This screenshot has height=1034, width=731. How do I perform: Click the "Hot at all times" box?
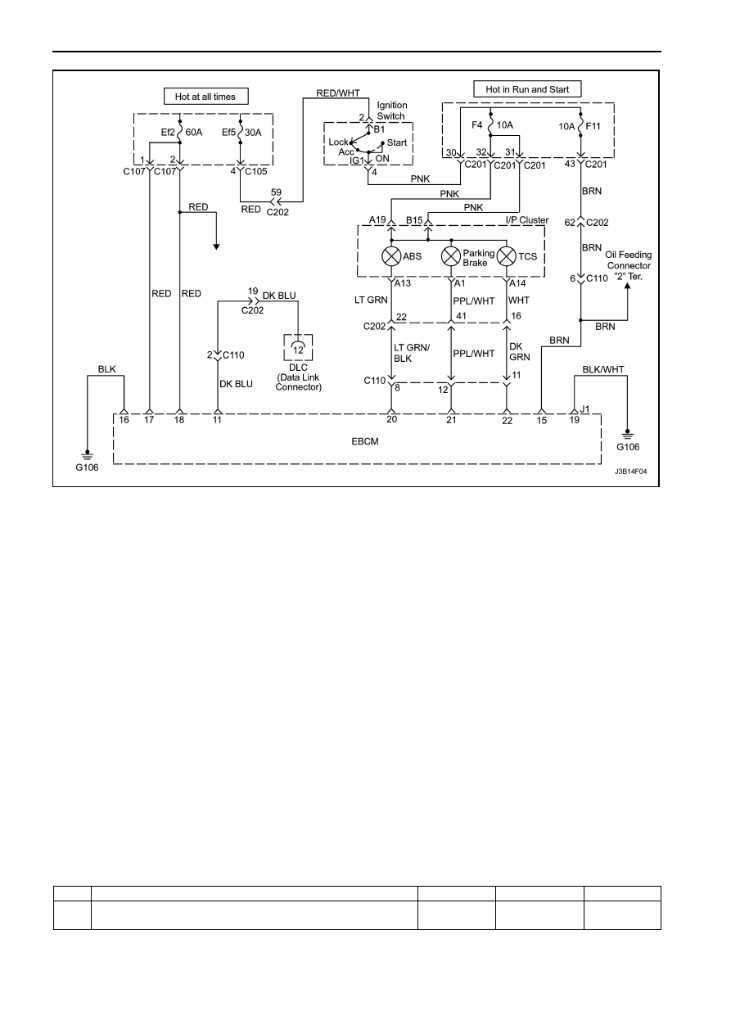(x=205, y=97)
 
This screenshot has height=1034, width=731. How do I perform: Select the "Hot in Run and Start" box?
(x=527, y=89)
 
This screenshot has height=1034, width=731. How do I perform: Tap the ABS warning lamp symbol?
(x=391, y=256)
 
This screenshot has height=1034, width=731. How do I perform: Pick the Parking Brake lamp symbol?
(x=451, y=256)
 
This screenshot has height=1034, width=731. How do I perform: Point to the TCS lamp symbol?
(x=506, y=256)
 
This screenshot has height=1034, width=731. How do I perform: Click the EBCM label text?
(x=364, y=441)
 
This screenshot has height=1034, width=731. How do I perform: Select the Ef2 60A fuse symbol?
(x=179, y=132)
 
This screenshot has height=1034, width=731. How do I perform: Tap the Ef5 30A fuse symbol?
(x=240, y=132)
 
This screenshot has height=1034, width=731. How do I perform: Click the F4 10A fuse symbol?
(x=490, y=124)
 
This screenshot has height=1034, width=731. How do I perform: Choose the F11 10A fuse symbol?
(x=580, y=125)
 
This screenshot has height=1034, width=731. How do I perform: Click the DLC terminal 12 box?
(x=298, y=348)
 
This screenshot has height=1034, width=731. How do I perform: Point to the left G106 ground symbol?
(x=87, y=455)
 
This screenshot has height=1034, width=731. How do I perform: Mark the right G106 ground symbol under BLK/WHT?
(x=627, y=435)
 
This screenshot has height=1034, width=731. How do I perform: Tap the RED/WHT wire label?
(x=338, y=93)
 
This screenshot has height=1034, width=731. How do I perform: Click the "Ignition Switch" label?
(x=392, y=111)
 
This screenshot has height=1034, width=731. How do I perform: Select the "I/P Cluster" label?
(x=527, y=220)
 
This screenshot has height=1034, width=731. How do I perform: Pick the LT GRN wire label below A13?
(x=371, y=300)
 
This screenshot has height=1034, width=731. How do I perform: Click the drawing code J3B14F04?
(x=630, y=472)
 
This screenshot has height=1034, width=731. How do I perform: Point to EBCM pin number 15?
(x=542, y=421)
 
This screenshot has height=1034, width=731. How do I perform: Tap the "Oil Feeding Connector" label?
(x=629, y=260)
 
